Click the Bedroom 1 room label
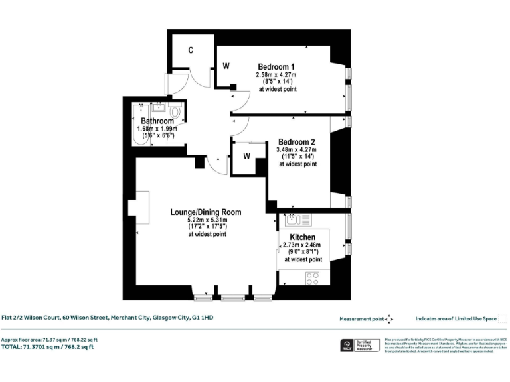(276, 67)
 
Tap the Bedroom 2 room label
(296, 142)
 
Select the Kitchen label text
(302, 237)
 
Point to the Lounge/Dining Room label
(205, 212)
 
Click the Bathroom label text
(157, 121)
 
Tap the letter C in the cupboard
(191, 50)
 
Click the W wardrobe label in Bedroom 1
(226, 66)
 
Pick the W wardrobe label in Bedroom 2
(246, 157)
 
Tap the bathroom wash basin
(159, 107)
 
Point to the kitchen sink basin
(294, 220)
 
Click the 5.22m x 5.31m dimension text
(207, 220)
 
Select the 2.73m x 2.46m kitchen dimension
(303, 245)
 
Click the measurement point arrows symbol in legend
(389, 319)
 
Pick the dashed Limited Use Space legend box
(503, 319)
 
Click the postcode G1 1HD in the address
(202, 318)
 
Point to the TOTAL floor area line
(47, 347)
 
